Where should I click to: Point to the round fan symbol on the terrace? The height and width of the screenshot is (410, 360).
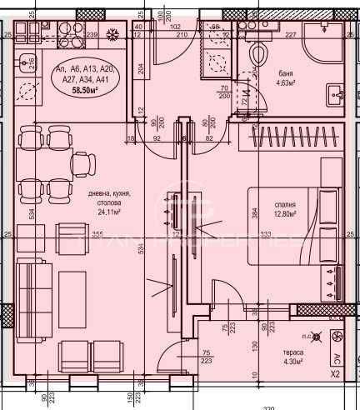pyautogui.click(x=338, y=337)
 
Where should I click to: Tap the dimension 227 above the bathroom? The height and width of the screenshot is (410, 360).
pyautogui.click(x=291, y=35)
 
